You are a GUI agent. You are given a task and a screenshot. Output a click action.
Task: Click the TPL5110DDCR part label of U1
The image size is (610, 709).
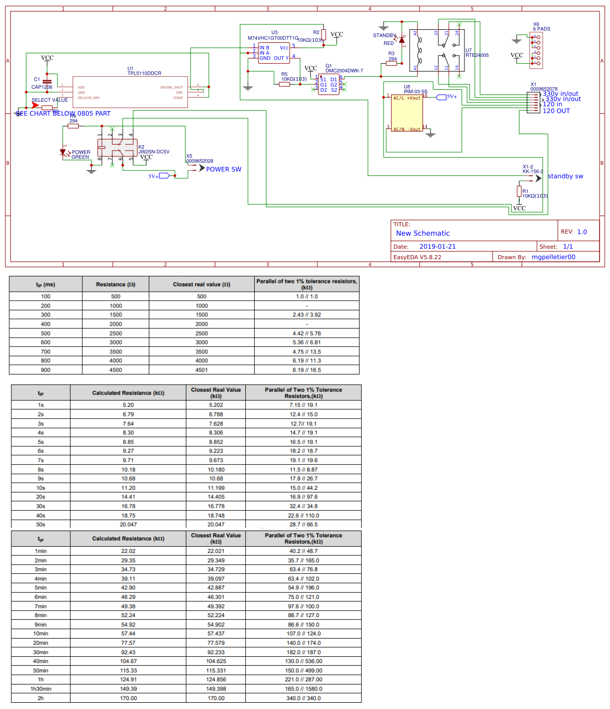(144, 74)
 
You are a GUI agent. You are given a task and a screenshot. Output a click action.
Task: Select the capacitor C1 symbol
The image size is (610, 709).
(47, 82)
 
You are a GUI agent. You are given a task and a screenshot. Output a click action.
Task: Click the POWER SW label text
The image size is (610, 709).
(223, 170)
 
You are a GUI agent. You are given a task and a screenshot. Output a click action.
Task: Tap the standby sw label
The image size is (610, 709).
(565, 176)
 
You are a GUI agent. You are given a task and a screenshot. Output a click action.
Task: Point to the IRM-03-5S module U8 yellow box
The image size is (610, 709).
(407, 113)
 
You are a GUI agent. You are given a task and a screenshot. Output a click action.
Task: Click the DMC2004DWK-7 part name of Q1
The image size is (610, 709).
(344, 71)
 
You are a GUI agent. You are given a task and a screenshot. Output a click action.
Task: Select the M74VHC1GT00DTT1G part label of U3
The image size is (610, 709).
(272, 38)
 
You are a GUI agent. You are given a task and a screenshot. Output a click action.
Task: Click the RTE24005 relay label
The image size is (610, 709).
(477, 55)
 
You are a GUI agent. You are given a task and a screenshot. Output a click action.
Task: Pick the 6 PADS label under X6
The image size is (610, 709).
(541, 29)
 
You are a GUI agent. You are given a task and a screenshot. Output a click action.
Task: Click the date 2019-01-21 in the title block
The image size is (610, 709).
(437, 247)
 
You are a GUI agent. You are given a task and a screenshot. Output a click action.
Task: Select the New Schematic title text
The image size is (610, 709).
(423, 233)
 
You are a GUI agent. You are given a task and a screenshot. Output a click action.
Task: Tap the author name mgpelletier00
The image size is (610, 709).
(553, 257)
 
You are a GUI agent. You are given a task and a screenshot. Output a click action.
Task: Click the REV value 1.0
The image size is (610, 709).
(582, 232)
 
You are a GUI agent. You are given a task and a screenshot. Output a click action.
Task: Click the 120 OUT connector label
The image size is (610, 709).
(556, 111)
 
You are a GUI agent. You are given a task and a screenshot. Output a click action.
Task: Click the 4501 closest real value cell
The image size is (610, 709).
(201, 370)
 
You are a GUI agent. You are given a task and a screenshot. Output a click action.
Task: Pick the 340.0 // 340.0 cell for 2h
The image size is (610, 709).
(303, 698)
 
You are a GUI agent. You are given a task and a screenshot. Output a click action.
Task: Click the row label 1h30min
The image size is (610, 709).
(41, 689)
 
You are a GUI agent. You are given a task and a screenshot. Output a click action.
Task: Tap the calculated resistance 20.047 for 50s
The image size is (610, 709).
(128, 525)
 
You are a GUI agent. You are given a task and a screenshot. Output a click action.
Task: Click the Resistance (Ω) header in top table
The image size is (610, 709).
(115, 284)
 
